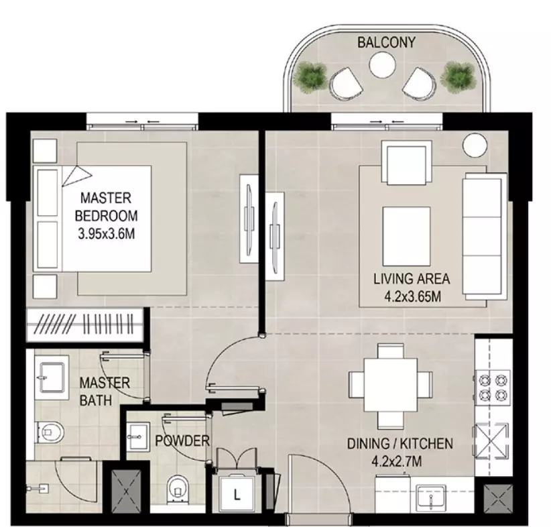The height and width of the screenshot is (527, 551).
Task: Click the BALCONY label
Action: pyautogui.click(x=386, y=42)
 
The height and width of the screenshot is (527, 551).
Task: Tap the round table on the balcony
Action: pyautogui.click(x=382, y=65)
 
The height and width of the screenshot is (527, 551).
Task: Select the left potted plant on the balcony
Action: pyautogui.click(x=310, y=77)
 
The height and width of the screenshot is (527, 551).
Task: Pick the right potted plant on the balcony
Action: pyautogui.click(x=459, y=77)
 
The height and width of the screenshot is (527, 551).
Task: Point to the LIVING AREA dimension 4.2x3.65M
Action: pyautogui.click(x=412, y=297)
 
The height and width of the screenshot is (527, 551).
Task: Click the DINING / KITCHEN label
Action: pyautogui.click(x=400, y=444)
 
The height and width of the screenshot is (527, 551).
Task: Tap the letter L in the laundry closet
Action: pyautogui.click(x=237, y=495)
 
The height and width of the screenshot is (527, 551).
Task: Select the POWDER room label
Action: pyautogui.click(x=182, y=441)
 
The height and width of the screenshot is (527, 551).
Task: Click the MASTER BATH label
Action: pyautogui.click(x=105, y=392)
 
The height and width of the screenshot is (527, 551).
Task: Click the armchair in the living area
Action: pyautogui.click(x=410, y=162)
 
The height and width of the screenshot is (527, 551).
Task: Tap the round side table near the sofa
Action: pyautogui.click(x=475, y=145)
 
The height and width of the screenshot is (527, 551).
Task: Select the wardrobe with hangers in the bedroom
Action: pyautogui.click(x=85, y=325)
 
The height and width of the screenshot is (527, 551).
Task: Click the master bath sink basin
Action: pyautogui.click(x=52, y=377)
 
